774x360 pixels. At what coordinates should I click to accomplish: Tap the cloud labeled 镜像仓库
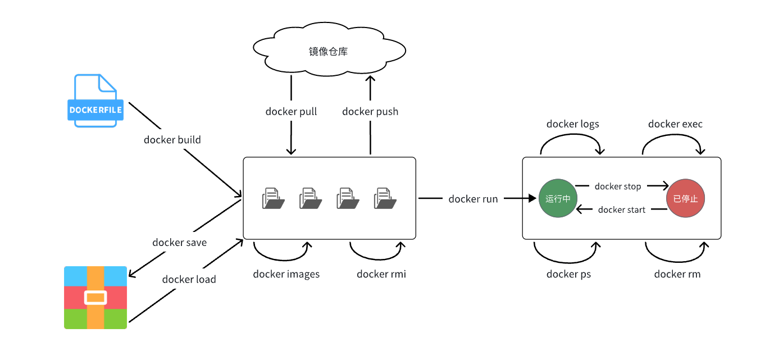point(329,52)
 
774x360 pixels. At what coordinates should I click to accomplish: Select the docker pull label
point(291,112)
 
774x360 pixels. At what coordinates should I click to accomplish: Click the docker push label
point(370,112)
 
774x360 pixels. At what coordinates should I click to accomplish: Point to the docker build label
point(172,140)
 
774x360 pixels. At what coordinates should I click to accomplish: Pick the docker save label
point(179,243)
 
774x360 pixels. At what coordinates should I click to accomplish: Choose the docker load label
point(189,279)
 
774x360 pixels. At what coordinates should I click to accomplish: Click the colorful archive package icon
point(95,297)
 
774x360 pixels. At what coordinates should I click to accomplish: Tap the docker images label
point(286,274)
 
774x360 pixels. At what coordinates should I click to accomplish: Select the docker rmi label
point(381,274)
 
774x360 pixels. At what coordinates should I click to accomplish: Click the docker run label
point(473,199)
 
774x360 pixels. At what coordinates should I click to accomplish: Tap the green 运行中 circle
point(558,198)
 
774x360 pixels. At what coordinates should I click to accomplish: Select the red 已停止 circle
point(685,198)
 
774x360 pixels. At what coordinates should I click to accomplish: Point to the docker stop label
point(617,186)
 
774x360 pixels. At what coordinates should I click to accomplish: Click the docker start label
point(622,210)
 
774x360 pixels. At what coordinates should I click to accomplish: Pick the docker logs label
point(572,124)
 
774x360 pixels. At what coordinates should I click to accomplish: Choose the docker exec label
point(675,124)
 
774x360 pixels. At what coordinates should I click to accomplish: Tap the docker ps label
point(568,274)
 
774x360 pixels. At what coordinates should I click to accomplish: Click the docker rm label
point(677,274)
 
